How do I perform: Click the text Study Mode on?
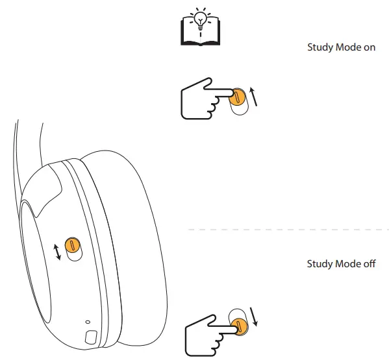341,48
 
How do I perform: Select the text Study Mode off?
341,264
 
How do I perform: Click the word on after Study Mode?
370,48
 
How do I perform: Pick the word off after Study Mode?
370,264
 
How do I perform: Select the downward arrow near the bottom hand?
254,316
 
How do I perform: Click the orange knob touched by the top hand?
237,98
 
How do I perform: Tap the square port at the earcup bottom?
90,338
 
